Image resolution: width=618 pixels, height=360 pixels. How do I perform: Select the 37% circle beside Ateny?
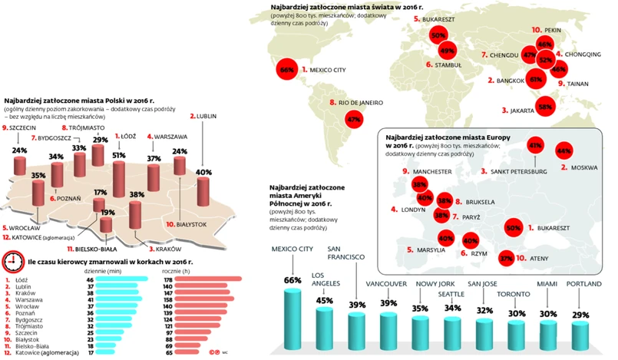[x=506, y=259]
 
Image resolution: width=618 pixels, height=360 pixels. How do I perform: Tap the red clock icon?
[x=12, y=263]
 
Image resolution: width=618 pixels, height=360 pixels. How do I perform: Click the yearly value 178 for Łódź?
[x=167, y=280]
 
